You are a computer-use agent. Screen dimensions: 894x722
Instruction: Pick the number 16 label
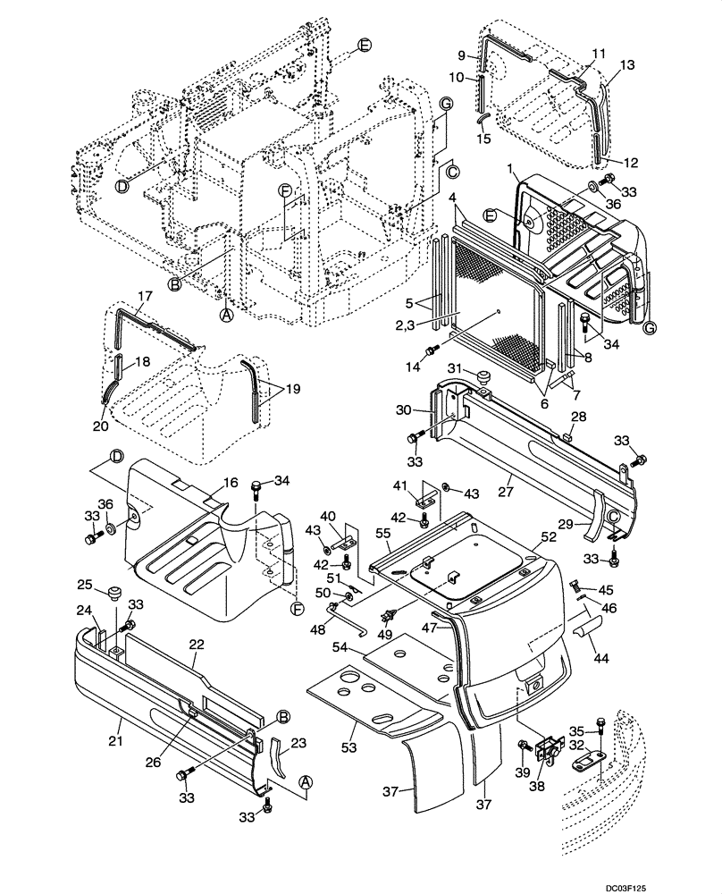click(x=231, y=482)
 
